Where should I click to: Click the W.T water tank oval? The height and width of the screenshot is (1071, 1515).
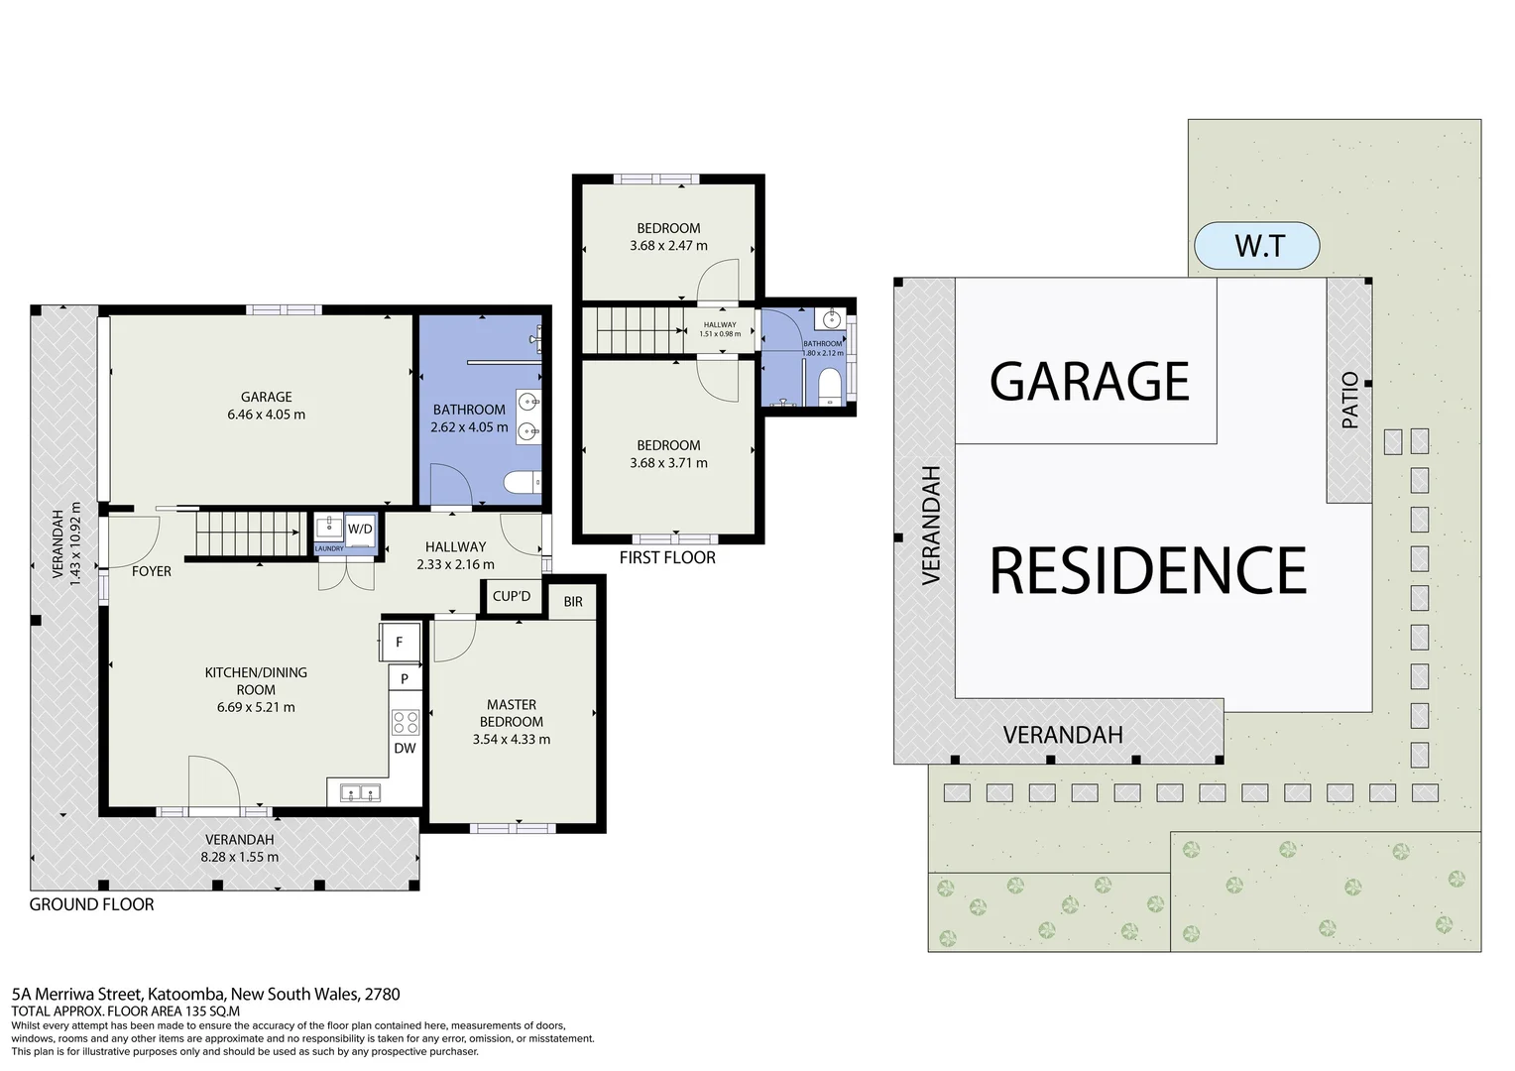[1257, 245]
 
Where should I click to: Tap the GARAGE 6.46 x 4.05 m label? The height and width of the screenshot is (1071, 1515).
[266, 406]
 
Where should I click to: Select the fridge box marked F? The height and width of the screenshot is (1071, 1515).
[400, 643]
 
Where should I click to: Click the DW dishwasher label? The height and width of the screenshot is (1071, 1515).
[405, 748]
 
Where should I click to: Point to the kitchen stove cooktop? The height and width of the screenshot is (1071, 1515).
[405, 720]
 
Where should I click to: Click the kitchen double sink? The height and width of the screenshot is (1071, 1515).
[360, 791]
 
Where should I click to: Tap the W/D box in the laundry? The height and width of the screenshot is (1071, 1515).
[360, 529]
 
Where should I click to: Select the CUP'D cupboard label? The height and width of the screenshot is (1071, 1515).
[512, 596]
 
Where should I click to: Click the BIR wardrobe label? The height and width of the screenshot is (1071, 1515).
[573, 601]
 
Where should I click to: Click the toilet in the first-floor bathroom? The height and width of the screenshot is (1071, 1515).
[830, 386]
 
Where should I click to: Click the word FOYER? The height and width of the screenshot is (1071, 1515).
[152, 571]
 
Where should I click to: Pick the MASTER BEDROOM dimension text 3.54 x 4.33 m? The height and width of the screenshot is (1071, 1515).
[512, 739]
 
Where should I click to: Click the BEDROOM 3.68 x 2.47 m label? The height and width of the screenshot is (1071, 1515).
[668, 237]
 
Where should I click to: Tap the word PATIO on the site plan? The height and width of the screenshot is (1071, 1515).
[1349, 401]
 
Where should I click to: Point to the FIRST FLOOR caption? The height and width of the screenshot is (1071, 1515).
[667, 557]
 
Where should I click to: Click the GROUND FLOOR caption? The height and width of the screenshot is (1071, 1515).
[91, 904]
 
